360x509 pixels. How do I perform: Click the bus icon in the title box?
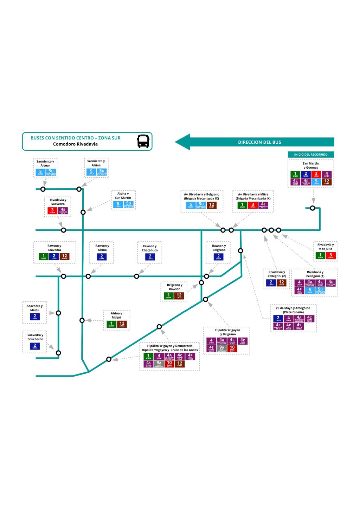(143, 141)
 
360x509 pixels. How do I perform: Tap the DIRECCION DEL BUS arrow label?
(259, 142)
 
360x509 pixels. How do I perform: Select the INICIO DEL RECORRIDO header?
(310, 155)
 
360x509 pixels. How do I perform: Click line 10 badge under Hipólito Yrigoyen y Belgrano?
(232, 348)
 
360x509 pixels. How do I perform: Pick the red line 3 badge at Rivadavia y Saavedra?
(52, 211)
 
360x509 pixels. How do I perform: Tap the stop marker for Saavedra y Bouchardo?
(58, 353)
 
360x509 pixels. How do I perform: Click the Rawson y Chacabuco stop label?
(150, 248)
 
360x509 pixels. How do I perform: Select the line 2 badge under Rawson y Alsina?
(102, 257)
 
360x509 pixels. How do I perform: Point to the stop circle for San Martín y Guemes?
(312, 208)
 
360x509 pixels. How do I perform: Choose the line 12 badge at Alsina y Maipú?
(122, 324)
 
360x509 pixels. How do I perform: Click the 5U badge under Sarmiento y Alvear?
(51, 172)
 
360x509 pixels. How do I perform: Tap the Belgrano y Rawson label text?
(174, 287)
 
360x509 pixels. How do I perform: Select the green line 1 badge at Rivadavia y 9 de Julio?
(320, 256)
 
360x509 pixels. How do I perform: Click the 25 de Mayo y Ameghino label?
(293, 310)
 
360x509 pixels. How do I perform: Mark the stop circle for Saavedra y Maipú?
(58, 313)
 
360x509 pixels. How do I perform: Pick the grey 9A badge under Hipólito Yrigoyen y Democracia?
(159, 364)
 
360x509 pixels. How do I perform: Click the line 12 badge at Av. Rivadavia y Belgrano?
(212, 205)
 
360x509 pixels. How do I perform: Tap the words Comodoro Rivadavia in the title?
(75, 144)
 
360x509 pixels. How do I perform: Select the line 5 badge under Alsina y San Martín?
(118, 204)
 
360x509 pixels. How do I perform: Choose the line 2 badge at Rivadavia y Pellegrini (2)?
(271, 283)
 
